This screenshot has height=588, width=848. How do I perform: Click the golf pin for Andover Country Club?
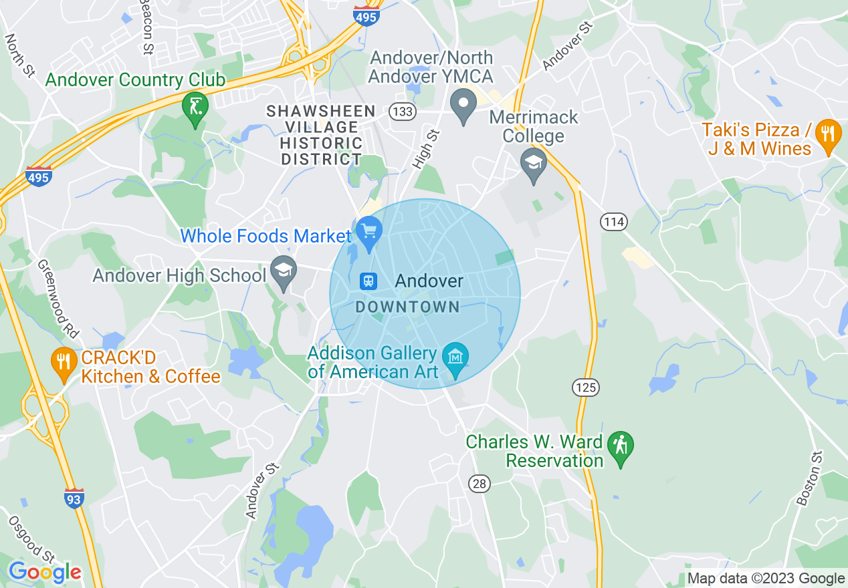tap(195, 108)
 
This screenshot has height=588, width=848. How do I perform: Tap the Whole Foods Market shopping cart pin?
tap(368, 233)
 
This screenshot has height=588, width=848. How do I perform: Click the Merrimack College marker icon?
tap(534, 164)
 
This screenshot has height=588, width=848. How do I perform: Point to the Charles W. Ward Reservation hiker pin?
tap(621, 446)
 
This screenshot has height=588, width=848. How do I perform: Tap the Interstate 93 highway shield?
tap(74, 498)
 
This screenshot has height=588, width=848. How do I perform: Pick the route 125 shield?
tap(586, 387)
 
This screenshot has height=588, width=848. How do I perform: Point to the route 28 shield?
tap(480, 484)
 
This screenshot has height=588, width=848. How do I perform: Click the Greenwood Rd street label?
tap(58, 299)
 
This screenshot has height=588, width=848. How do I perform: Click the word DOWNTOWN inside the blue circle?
tap(407, 307)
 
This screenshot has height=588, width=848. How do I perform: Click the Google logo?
tap(45, 572)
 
